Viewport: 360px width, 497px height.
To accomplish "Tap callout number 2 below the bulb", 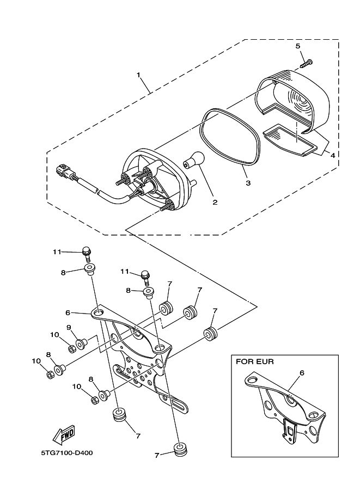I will click(215, 203).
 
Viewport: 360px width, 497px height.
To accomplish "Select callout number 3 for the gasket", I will click(248, 183).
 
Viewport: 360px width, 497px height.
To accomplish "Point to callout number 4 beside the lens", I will click(332, 155).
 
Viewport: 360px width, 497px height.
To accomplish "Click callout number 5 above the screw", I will click(298, 46).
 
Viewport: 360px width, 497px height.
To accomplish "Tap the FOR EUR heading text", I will click(254, 361).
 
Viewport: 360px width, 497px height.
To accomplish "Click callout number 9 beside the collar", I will click(69, 328).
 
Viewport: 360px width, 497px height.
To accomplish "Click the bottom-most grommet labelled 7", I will click(179, 450).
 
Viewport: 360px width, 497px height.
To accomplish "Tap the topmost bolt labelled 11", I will click(86, 251).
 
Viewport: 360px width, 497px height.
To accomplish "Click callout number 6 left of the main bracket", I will click(68, 312).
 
